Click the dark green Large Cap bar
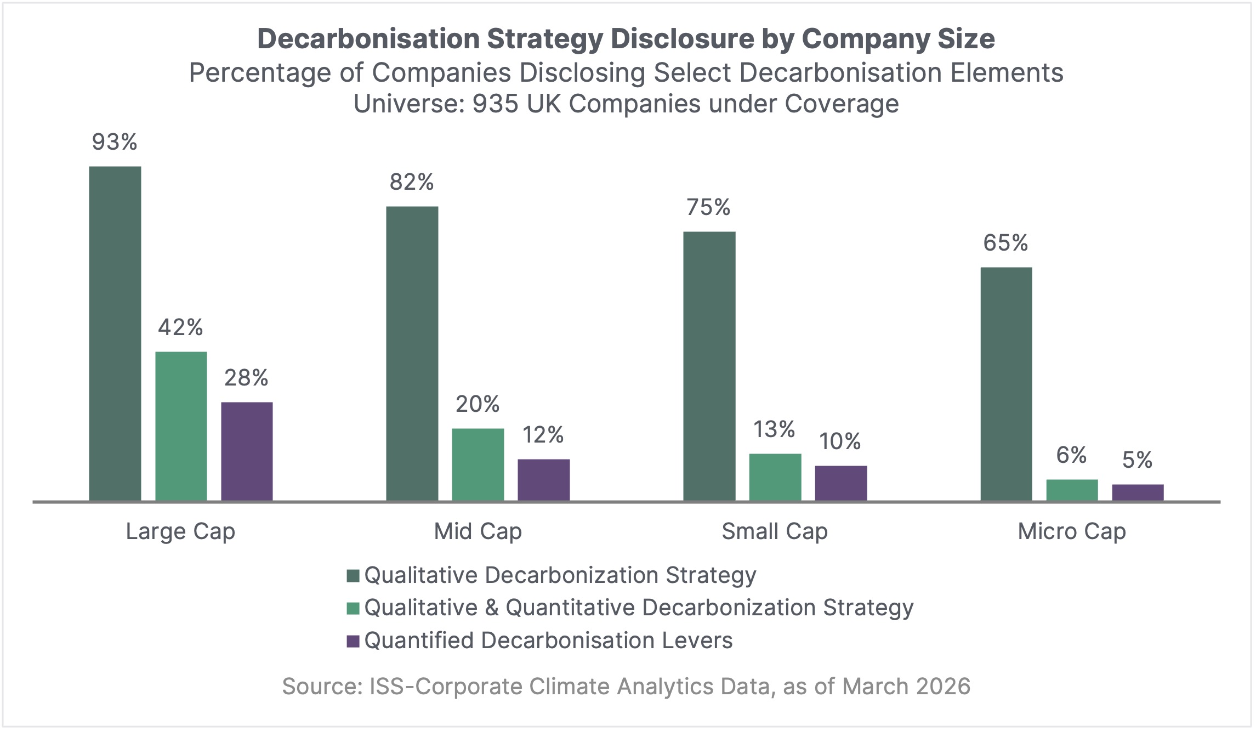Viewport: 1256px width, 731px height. pos(115,333)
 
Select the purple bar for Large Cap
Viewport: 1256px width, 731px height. pos(247,451)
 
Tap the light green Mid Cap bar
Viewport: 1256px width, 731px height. pos(478,464)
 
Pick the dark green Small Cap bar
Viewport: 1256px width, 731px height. pos(709,366)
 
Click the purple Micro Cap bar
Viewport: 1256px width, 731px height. pos(1138,492)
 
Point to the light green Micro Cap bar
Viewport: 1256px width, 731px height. pos(1072,490)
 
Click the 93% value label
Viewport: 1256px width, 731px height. pos(115,142)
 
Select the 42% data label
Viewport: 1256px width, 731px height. pos(180,327)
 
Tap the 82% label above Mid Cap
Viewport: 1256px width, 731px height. pos(412,182)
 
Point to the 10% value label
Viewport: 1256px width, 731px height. pos(840,441)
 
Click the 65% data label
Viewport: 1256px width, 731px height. pos(1005,243)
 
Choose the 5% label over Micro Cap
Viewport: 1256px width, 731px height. pos(1137,460)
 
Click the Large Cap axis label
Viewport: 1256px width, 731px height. pos(180,531)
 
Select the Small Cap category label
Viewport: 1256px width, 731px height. pos(774,531)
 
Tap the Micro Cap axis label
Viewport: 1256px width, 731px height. pos(1072,531)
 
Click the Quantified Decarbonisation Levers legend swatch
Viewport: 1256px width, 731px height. pos(353,641)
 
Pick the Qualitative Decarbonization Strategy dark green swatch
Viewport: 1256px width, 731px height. pos(353,576)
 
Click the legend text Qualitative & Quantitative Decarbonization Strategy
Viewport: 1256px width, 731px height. pos(639,608)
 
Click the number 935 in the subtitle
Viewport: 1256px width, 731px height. pos(495,104)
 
